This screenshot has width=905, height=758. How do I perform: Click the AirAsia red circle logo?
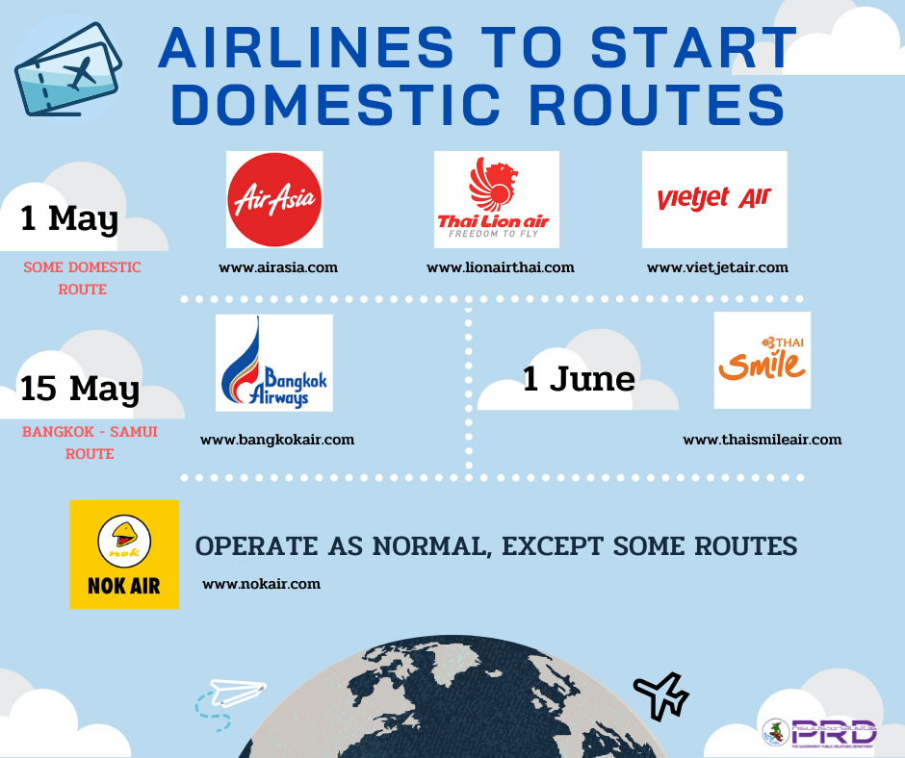pyautogui.click(x=274, y=199)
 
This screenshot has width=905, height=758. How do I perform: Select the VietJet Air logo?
pyautogui.click(x=714, y=199)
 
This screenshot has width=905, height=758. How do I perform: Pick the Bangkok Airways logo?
pyautogui.click(x=274, y=363)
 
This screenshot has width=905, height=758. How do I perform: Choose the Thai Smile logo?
pyautogui.click(x=763, y=361)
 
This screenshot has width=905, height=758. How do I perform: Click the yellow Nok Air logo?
pyautogui.click(x=124, y=554)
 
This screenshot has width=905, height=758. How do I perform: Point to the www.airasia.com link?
pyautogui.click(x=278, y=267)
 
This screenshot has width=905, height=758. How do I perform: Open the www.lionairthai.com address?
pyautogui.click(x=501, y=267)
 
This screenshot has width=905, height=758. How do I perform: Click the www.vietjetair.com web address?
pyautogui.click(x=717, y=268)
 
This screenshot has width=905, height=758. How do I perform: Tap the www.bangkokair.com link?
pyautogui.click(x=277, y=441)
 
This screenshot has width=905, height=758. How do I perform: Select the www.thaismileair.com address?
pyautogui.click(x=763, y=440)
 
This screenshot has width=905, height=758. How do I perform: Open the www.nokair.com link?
pyautogui.click(x=262, y=584)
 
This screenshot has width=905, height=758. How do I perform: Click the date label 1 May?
pyautogui.click(x=69, y=219)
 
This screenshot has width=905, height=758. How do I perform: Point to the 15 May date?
pyautogui.click(x=80, y=389)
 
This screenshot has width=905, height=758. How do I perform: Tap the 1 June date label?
pyautogui.click(x=579, y=379)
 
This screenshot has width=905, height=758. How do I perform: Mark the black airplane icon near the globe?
pyautogui.click(x=661, y=695)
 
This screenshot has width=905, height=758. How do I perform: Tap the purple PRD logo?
pyautogui.click(x=834, y=733)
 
